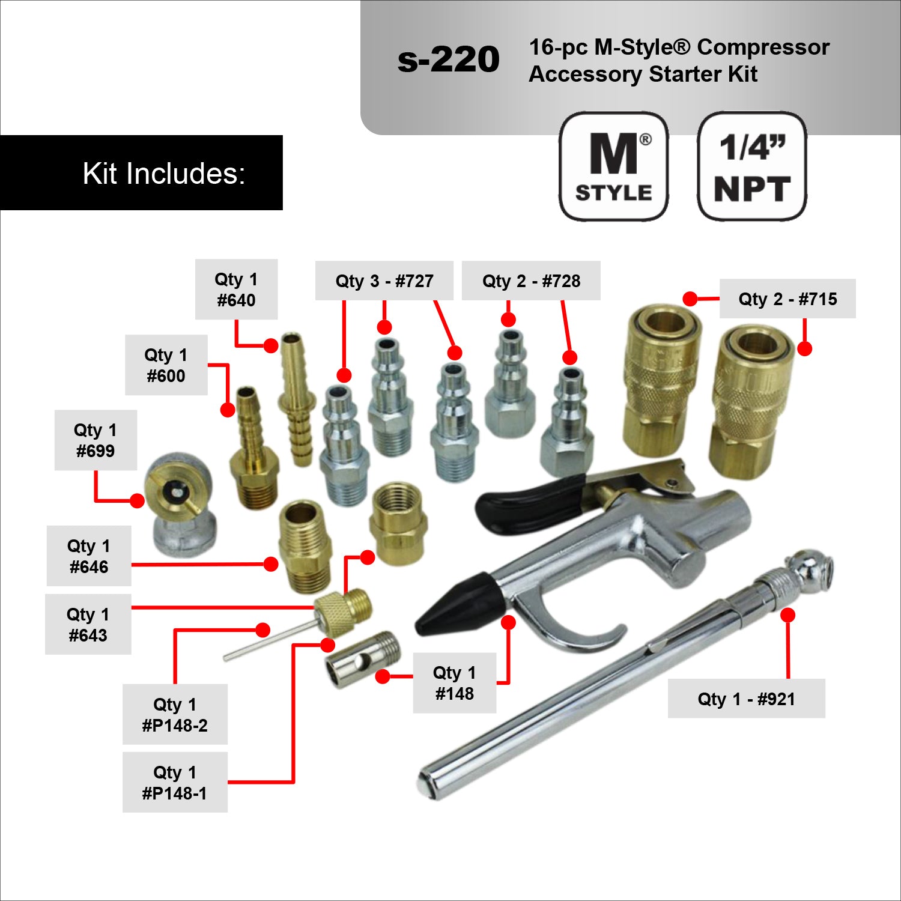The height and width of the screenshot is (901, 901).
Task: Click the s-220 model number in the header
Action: coord(448,59)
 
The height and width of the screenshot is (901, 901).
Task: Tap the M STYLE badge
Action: coord(613,166)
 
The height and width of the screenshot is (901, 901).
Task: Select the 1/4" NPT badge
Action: coord(751,166)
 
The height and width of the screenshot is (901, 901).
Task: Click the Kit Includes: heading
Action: coord(163,174)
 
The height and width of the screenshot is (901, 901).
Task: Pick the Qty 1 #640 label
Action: coord(236,290)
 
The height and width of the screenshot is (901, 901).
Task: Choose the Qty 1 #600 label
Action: coord(166,365)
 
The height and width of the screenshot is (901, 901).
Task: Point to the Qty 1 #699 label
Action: coord(96,440)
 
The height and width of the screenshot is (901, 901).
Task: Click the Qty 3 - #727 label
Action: coord(384,281)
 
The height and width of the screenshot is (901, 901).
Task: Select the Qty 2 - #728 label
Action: coord(531,281)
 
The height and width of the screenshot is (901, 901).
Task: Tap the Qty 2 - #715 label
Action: coord(787,299)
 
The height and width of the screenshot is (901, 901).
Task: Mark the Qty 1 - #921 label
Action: coord(746,699)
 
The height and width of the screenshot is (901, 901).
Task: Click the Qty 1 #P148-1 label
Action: coord(175,782)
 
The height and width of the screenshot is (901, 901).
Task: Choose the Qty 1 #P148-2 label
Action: coord(175,714)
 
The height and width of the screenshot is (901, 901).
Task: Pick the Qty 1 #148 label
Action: coord(455,683)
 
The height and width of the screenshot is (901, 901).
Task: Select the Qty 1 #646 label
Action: coord(89,556)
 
